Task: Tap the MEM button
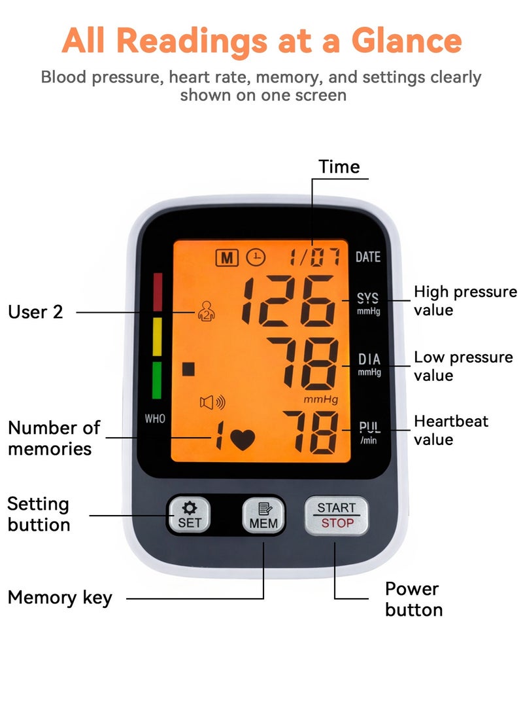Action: [263, 515]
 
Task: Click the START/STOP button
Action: [336, 515]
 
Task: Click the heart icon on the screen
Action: [243, 439]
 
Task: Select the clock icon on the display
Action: [256, 257]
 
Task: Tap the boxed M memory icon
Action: [226, 258]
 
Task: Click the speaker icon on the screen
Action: [212, 402]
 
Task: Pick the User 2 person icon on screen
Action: [206, 312]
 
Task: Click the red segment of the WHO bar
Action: [158, 292]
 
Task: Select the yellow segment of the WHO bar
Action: [157, 336]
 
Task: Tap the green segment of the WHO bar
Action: [156, 380]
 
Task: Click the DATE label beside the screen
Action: [368, 257]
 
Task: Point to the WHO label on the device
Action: [155, 418]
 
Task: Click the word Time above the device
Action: [339, 167]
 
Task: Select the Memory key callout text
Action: [60, 598]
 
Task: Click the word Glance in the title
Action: [407, 41]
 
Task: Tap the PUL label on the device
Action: [369, 427]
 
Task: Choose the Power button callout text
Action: [414, 599]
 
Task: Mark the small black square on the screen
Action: [188, 369]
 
